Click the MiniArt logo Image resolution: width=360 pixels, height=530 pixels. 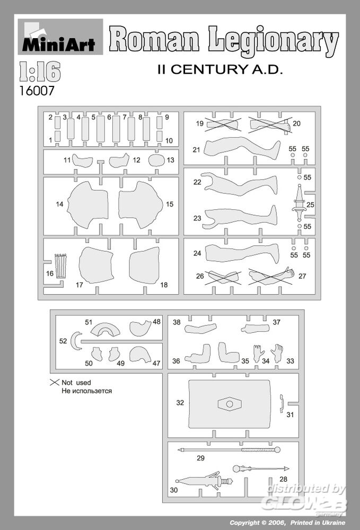pyautogui.click(x=60, y=37)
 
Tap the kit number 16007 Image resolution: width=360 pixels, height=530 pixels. pyautogui.click(x=37, y=91)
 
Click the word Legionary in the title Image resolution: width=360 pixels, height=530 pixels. pyautogui.click(x=273, y=41)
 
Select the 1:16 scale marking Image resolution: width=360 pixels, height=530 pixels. pyautogui.click(x=40, y=72)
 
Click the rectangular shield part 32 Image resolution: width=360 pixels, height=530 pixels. pyautogui.click(x=230, y=404)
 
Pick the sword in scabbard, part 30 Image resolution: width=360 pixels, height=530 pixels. pyautogui.click(x=204, y=481)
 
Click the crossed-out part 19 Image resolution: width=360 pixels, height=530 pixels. pyautogui.click(x=223, y=125)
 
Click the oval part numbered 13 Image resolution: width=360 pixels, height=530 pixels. pyautogui.click(x=156, y=160)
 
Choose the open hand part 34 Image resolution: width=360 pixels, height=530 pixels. pyautogui.click(x=258, y=353)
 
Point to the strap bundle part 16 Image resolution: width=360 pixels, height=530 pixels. pyautogui.click(x=61, y=266)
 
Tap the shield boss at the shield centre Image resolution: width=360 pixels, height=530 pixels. pyautogui.click(x=230, y=404)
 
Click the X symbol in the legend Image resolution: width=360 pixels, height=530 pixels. pyautogui.click(x=55, y=382)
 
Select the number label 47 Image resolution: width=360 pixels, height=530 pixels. pyautogui.click(x=156, y=364)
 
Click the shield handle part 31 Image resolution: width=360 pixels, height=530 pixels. pyautogui.click(x=281, y=403)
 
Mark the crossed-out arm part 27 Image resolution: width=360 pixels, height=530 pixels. pyautogui.click(x=272, y=276)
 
